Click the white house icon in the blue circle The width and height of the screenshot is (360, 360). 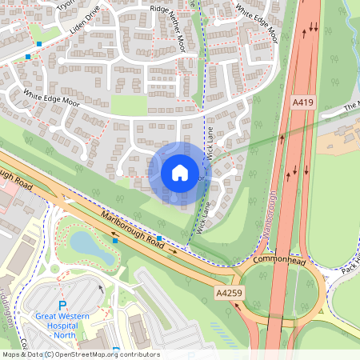pos(179,172)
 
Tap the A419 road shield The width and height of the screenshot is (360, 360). pos(302,102)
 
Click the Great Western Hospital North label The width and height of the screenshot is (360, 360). pos(62,321)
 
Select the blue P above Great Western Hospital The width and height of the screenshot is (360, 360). pos(62,304)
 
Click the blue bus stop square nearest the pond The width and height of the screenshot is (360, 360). pos(115,240)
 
